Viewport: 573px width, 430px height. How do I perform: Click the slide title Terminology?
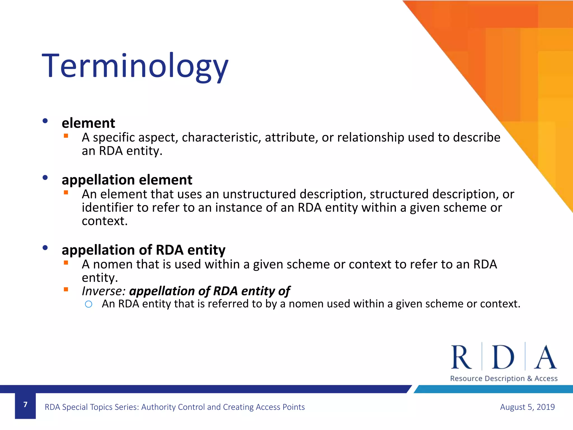135,67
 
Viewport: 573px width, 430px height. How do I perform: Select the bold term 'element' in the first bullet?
88,123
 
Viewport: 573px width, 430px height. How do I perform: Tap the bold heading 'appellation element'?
127,180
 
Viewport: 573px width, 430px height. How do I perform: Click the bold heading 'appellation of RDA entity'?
143,250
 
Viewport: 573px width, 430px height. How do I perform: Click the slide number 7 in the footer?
25,405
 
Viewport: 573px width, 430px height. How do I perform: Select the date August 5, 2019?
527,407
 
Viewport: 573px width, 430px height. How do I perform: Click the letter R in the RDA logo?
461,357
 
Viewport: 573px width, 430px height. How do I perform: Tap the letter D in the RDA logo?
503,357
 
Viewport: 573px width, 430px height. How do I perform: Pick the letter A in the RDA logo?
545,357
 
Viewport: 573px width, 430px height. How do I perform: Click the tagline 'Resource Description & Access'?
504,378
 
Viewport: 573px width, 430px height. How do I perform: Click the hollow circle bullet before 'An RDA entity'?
88,304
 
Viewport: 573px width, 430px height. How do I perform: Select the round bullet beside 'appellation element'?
45,177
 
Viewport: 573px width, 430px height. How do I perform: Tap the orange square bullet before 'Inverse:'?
66,289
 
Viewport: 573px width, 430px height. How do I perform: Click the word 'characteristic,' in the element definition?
221,137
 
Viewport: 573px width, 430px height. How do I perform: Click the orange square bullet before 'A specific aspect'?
66,136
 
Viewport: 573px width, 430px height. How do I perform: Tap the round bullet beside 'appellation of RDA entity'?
45,247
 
